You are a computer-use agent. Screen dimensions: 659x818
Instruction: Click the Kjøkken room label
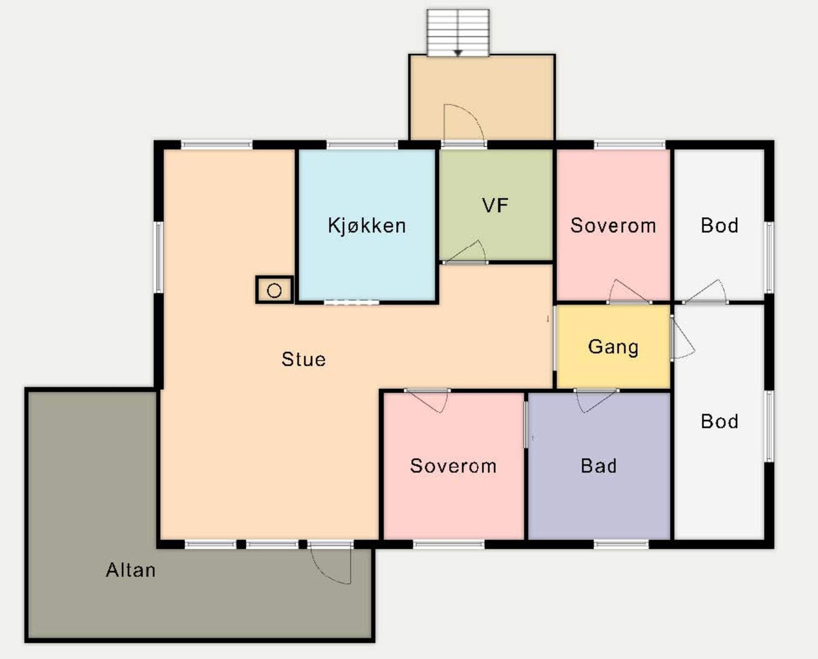coord(367,225)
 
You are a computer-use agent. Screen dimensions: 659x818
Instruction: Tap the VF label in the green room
coord(495,205)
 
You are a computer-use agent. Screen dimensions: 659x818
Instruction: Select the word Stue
coord(303,359)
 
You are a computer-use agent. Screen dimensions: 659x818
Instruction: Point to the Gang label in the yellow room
coord(613,347)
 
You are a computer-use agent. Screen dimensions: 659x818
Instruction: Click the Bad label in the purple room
coord(599,466)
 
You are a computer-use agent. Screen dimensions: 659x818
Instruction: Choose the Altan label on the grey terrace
coord(130,570)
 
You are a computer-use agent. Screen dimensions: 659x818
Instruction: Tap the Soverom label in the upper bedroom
coord(613,225)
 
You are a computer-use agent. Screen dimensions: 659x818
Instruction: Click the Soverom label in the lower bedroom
coord(453,466)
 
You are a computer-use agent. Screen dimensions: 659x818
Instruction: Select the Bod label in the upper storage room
coord(719,225)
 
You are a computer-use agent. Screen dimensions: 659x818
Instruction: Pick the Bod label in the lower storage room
coord(719,421)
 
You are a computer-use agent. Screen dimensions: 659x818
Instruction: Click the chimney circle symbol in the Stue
coord(275,291)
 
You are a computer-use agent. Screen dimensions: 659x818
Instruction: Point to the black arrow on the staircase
coord(458,53)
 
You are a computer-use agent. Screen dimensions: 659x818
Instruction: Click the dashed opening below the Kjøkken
coord(351,302)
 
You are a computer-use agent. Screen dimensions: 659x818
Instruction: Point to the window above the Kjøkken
coord(362,145)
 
